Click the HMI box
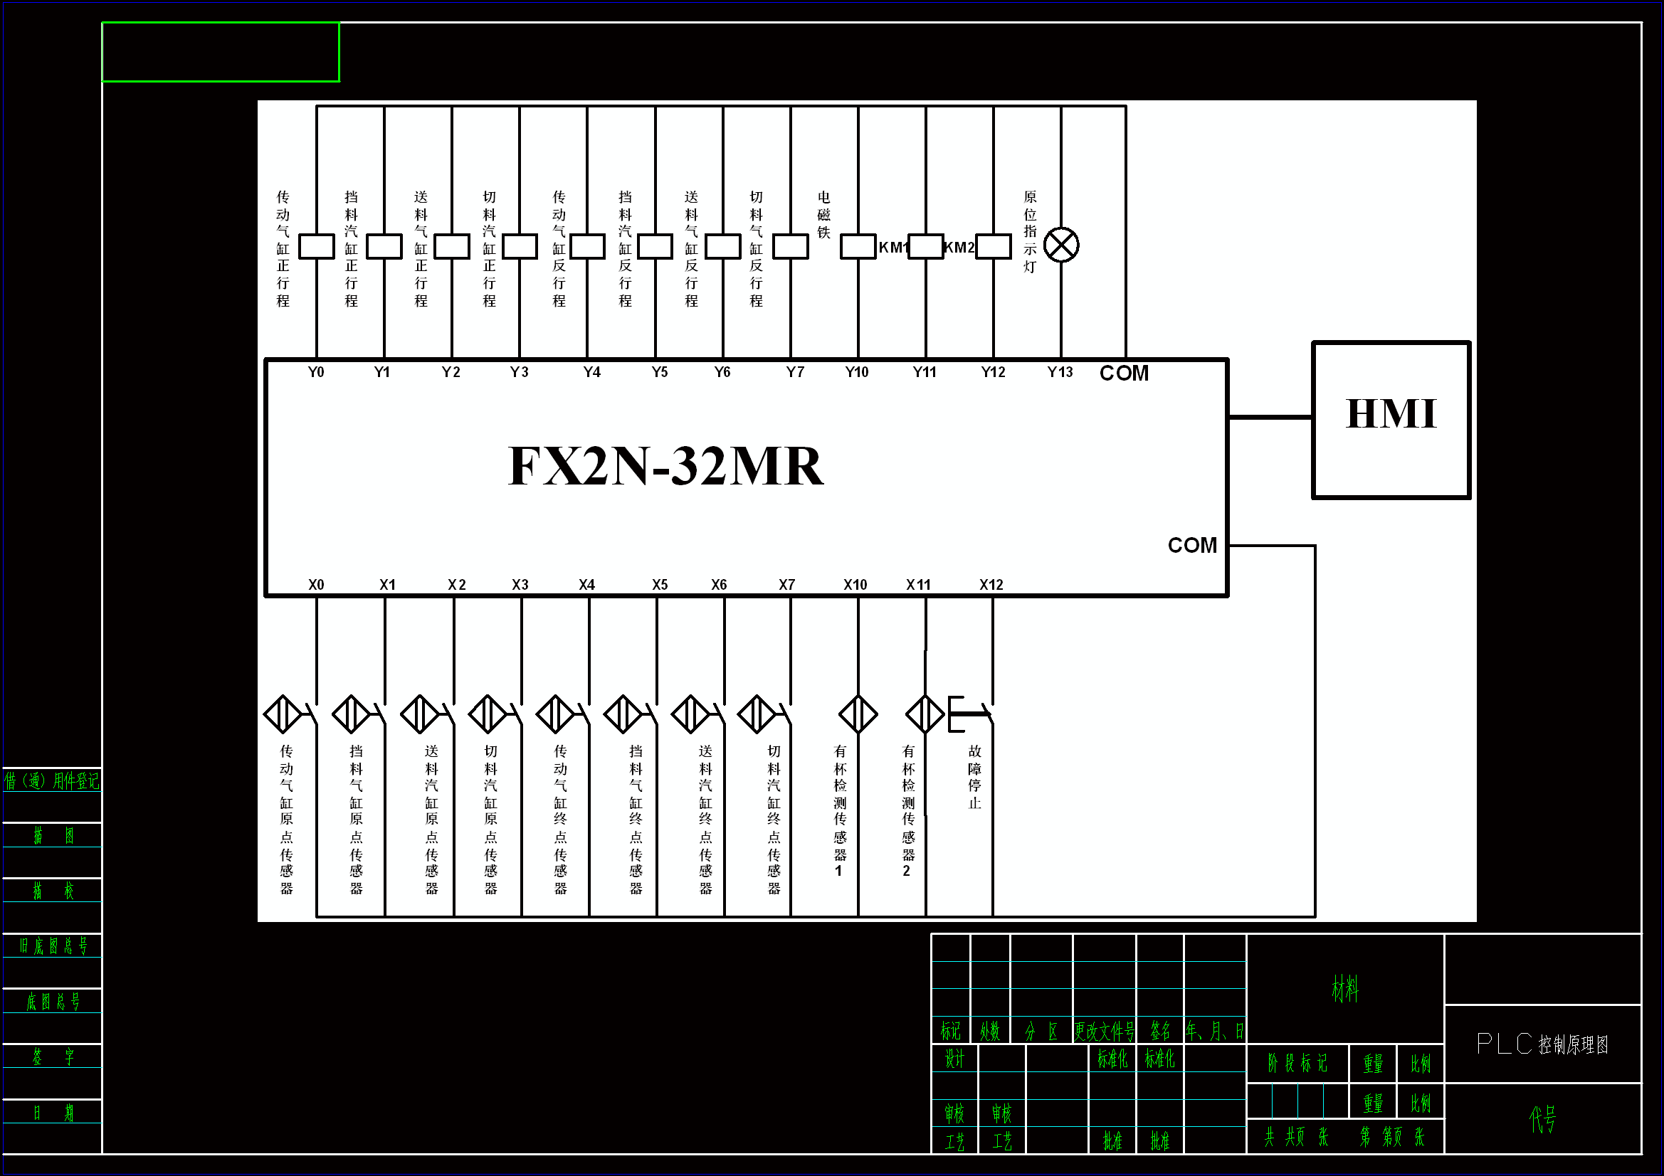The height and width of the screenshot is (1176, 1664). tap(1391, 420)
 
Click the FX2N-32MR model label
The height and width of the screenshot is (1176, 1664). tap(665, 466)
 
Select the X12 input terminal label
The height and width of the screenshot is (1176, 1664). tap(991, 585)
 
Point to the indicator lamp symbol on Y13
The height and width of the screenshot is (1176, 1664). tap(1061, 245)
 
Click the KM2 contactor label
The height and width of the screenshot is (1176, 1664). tap(959, 248)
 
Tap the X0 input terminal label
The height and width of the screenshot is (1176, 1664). tap(316, 585)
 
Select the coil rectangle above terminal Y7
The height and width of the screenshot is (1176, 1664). tap(790, 246)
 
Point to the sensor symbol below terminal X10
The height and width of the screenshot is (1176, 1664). tap(858, 714)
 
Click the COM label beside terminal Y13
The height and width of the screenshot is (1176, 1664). tap(1123, 374)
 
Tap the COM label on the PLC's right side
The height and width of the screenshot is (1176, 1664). tap(1191, 546)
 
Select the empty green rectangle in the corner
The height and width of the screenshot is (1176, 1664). tap(221, 52)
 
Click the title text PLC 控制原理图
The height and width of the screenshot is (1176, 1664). tap(1542, 1044)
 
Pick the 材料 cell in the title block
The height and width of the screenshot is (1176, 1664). tap(1344, 989)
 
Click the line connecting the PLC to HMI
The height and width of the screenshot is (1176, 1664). tap(1270, 418)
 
